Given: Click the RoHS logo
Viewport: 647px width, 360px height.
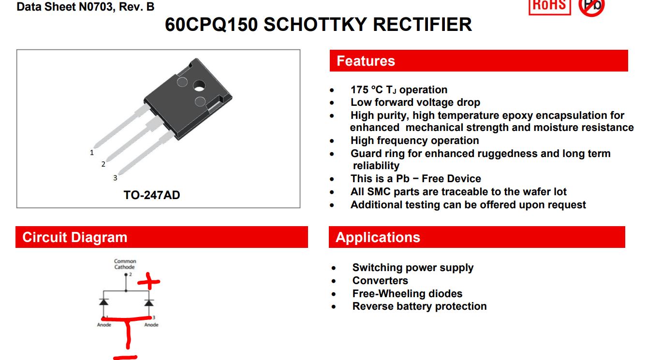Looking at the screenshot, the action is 550,6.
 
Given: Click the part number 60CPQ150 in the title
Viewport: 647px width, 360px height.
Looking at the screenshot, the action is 211,24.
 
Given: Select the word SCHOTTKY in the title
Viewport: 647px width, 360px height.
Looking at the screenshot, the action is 315,24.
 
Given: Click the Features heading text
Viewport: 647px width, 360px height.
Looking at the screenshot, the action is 366,61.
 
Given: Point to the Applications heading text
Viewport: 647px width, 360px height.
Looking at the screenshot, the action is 378,237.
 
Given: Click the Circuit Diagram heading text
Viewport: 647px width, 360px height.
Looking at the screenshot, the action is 75,237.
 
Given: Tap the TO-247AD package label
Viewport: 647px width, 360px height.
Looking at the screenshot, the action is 152,195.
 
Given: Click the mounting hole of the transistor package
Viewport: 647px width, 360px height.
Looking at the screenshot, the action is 199,86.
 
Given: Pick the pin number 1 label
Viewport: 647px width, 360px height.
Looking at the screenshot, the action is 92,152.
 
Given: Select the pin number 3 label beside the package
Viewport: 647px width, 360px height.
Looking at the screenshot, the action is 115,178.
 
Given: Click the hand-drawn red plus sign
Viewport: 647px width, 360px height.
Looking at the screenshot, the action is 149,281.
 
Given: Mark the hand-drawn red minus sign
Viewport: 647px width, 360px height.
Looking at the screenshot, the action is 125,358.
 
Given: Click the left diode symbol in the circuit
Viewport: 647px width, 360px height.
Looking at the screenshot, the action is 103,302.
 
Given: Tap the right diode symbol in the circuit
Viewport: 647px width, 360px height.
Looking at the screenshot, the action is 149,302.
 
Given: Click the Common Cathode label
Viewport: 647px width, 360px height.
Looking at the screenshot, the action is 125,264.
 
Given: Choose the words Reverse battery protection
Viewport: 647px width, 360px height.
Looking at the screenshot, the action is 419,306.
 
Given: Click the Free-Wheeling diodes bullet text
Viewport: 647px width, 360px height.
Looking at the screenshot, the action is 407,294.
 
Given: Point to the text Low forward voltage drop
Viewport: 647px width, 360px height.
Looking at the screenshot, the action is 415,102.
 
